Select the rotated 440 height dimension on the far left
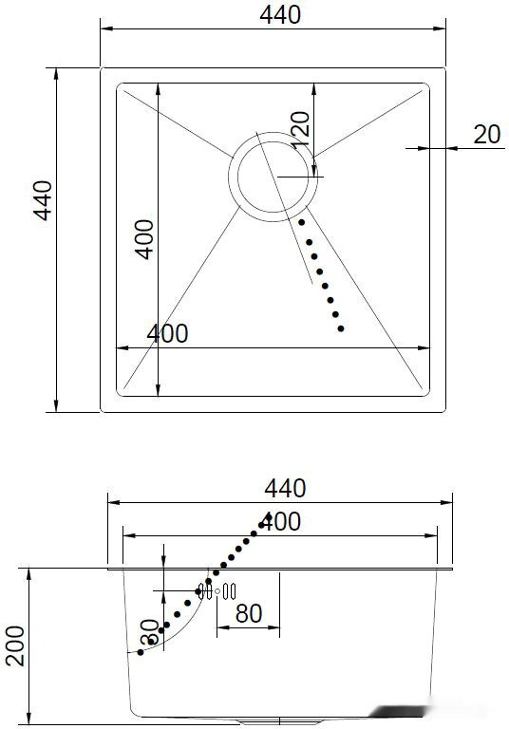pyautogui.click(x=42, y=200)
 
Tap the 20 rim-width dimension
pyautogui.click(x=486, y=135)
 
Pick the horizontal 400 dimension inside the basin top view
pyautogui.click(x=167, y=333)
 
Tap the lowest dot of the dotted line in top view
pyautogui.click(x=342, y=328)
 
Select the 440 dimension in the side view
pyautogui.click(x=285, y=488)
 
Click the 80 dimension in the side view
pyautogui.click(x=249, y=613)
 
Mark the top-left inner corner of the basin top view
pyautogui.click(x=118, y=85)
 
